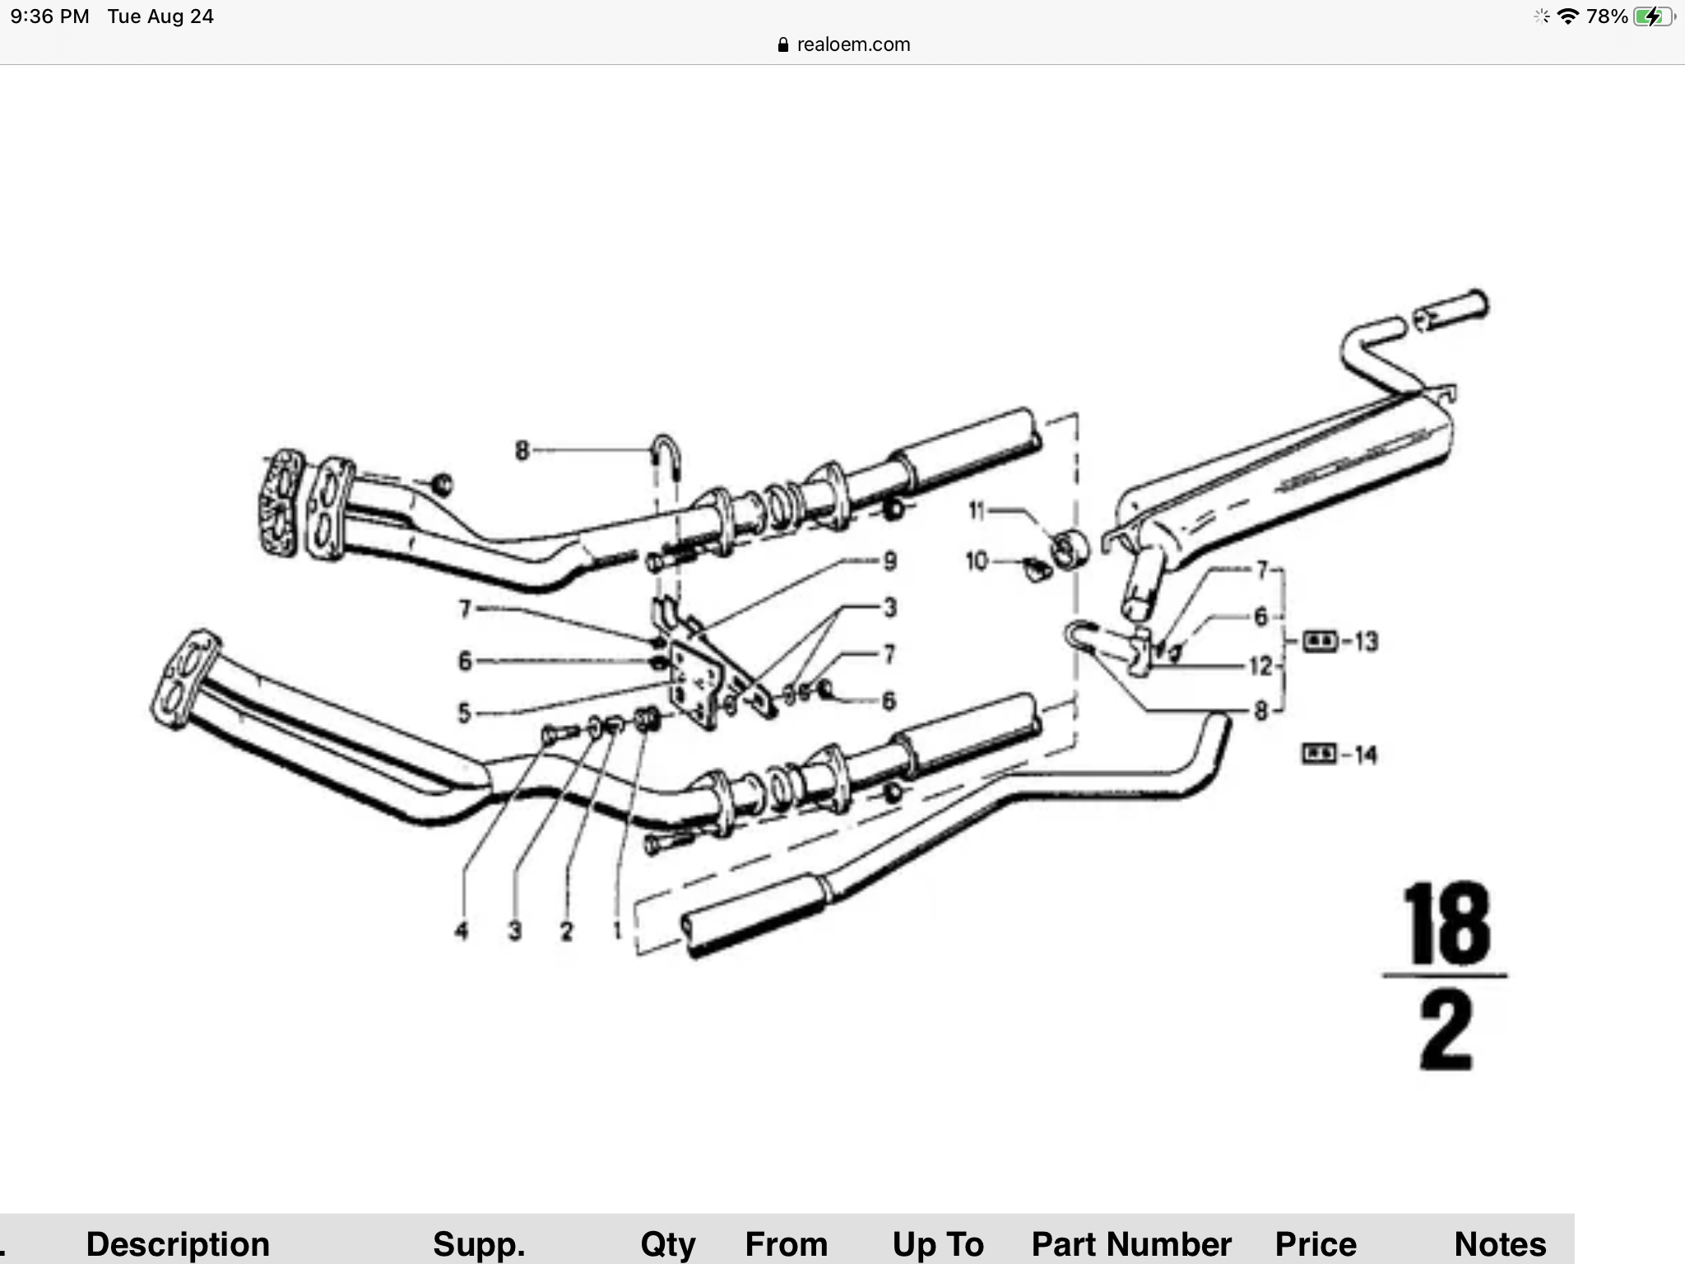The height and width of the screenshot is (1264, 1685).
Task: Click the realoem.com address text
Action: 853,44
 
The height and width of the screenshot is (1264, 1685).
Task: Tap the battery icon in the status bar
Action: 1654,16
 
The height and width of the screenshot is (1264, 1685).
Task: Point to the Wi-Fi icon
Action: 1568,16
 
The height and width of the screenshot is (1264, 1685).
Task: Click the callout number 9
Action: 889,561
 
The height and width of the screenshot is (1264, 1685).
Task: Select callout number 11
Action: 976,511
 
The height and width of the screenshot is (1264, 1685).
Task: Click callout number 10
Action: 976,561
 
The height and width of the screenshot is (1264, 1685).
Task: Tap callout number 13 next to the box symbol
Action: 1365,641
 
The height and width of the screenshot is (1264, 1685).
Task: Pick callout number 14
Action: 1365,755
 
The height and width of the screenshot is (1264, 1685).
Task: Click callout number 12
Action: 1260,666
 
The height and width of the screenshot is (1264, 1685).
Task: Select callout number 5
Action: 465,713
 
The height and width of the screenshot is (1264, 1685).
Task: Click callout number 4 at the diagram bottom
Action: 462,931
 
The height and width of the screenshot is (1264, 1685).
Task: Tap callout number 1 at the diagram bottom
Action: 616,931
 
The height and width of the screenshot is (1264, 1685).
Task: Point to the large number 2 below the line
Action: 1446,1030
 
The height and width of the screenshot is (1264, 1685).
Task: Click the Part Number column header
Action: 1131,1243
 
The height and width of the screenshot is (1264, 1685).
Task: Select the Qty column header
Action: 668,1243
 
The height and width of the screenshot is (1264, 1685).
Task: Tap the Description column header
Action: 178,1243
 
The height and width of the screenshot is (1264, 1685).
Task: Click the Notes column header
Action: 1500,1243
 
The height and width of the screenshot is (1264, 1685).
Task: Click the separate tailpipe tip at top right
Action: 1451,310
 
